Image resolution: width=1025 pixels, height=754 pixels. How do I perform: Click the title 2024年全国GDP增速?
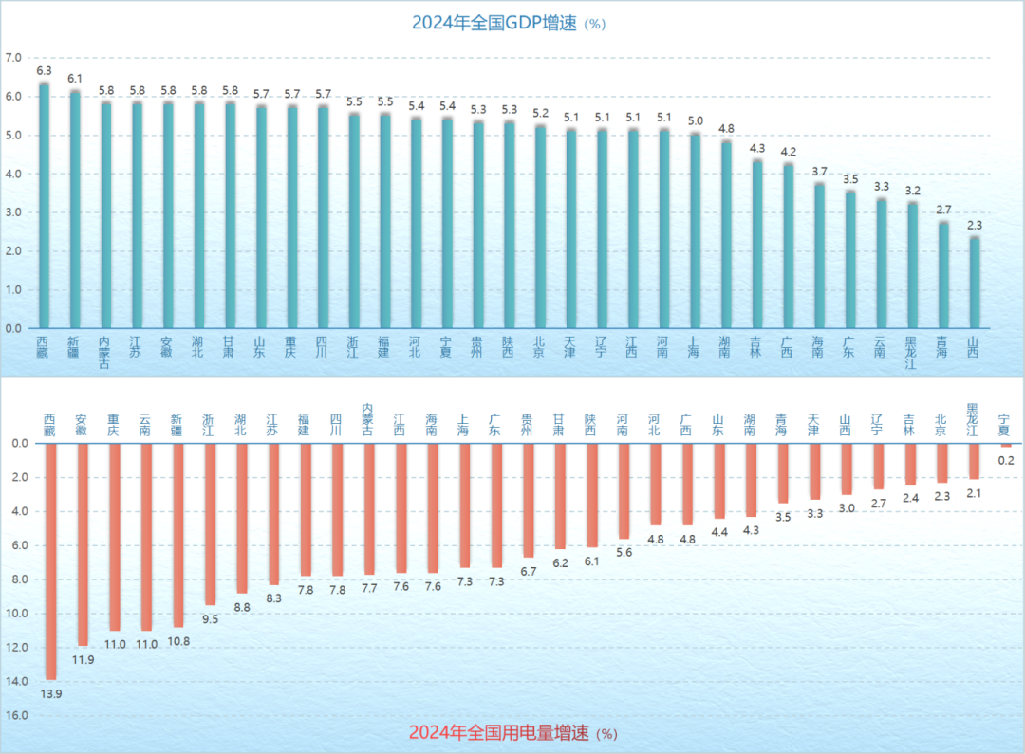[x=494, y=23]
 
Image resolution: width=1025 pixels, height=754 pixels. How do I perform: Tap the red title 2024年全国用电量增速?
[x=499, y=733]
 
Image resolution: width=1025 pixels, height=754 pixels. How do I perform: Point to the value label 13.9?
[x=50, y=694]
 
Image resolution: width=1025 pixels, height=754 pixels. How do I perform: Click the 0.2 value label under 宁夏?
[x=1006, y=461]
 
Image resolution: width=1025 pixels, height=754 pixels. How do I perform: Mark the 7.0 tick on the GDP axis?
[x=13, y=58]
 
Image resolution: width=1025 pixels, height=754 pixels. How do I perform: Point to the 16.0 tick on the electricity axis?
[x=17, y=715]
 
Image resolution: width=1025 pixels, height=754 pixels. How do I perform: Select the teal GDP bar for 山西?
[x=974, y=283]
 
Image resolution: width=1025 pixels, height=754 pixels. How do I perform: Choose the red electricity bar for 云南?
[x=146, y=536]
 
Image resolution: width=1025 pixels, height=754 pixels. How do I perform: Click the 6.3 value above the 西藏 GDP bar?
[x=44, y=71]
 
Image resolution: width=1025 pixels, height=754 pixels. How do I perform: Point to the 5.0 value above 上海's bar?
[x=695, y=121]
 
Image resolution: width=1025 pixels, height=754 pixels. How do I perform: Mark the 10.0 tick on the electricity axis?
[x=17, y=613]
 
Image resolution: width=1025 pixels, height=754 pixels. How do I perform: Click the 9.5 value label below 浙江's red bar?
[x=211, y=619]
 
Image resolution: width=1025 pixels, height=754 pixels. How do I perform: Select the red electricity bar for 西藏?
[x=50, y=561]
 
